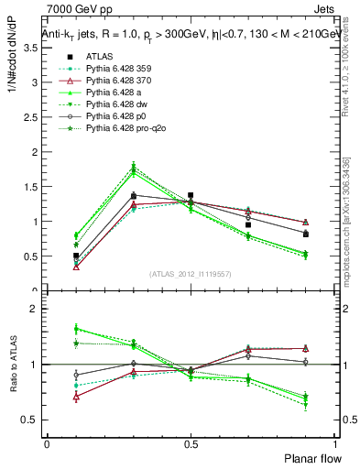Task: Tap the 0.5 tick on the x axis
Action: pyautogui.click(x=191, y=443)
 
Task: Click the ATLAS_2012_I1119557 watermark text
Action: pyautogui.click(x=191, y=274)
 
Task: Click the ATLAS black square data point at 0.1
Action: pyautogui.click(x=76, y=256)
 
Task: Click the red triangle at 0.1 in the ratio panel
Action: pyautogui.click(x=76, y=397)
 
